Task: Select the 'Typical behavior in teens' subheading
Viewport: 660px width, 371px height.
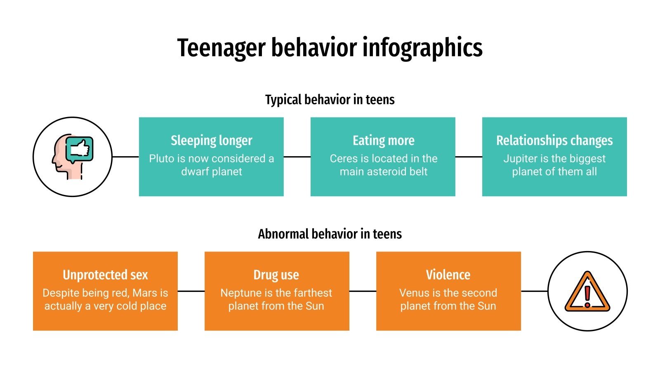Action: pyautogui.click(x=330, y=100)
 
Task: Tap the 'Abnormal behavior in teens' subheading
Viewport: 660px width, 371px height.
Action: pyautogui.click(x=330, y=234)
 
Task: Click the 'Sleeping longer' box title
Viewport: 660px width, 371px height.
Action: pyautogui.click(x=211, y=141)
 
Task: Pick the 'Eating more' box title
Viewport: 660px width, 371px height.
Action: pyautogui.click(x=383, y=141)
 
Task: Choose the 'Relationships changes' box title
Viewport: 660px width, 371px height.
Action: pyautogui.click(x=554, y=141)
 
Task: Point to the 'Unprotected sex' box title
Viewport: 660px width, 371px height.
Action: pyautogui.click(x=105, y=275)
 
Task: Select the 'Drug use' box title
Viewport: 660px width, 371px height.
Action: pyautogui.click(x=276, y=275)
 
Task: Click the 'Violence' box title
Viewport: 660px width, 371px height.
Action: pyautogui.click(x=448, y=275)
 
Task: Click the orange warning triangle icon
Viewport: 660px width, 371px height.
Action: pyautogui.click(x=587, y=291)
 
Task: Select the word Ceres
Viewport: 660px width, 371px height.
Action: pyautogui.click(x=342, y=159)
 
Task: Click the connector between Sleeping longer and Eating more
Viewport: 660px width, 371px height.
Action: pyautogui.click(x=297, y=157)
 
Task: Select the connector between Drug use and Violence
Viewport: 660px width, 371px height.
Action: pyautogui.click(x=363, y=291)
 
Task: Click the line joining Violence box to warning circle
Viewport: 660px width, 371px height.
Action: pyautogui.click(x=534, y=291)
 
